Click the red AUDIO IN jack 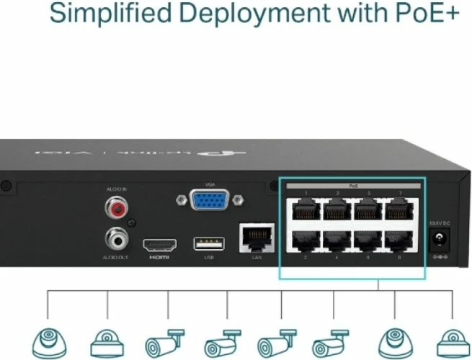115,209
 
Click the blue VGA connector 210,199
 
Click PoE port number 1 304,210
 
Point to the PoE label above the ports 353,186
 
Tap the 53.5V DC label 438,225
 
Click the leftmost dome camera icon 48,339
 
